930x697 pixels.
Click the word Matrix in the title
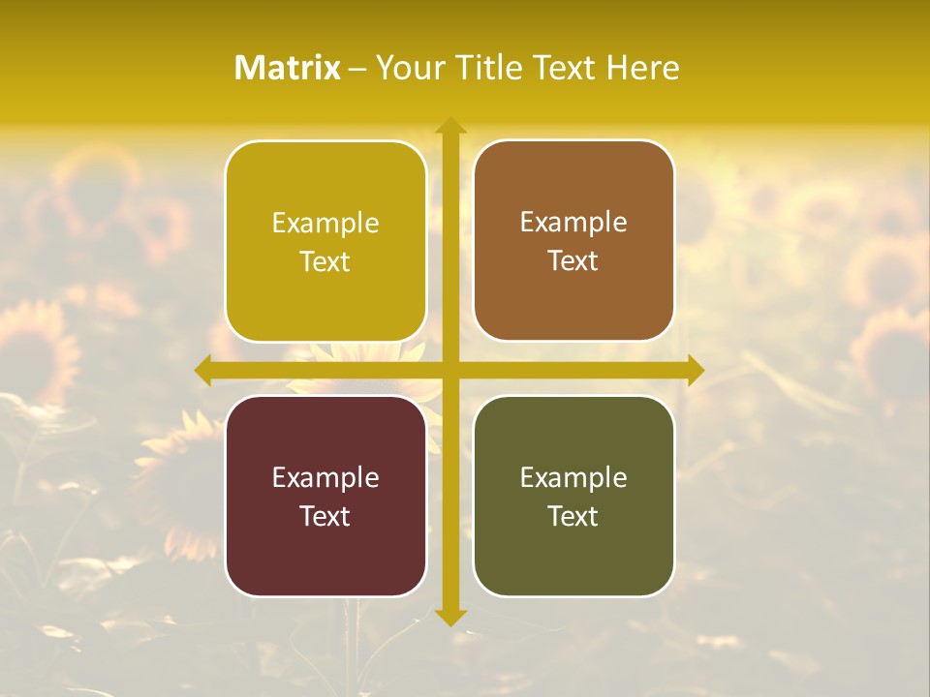(x=288, y=68)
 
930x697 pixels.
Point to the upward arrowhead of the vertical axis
(x=449, y=126)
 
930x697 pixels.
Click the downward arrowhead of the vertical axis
(x=449, y=617)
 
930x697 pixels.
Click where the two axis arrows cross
(x=449, y=370)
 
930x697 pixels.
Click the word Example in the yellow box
(x=325, y=224)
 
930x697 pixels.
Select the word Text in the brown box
(x=573, y=261)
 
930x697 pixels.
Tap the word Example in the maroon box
(x=325, y=478)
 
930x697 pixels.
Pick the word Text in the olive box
(x=573, y=516)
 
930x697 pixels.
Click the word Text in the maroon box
(x=325, y=516)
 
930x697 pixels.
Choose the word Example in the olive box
(x=573, y=478)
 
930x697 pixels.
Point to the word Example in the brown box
(x=573, y=223)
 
